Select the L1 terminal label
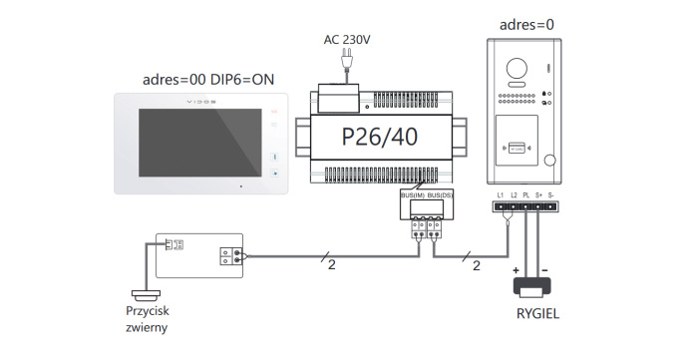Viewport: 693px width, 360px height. (500, 194)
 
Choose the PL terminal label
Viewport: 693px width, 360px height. (525, 194)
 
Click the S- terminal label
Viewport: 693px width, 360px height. (551, 194)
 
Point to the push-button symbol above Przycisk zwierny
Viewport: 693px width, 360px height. (146, 293)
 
